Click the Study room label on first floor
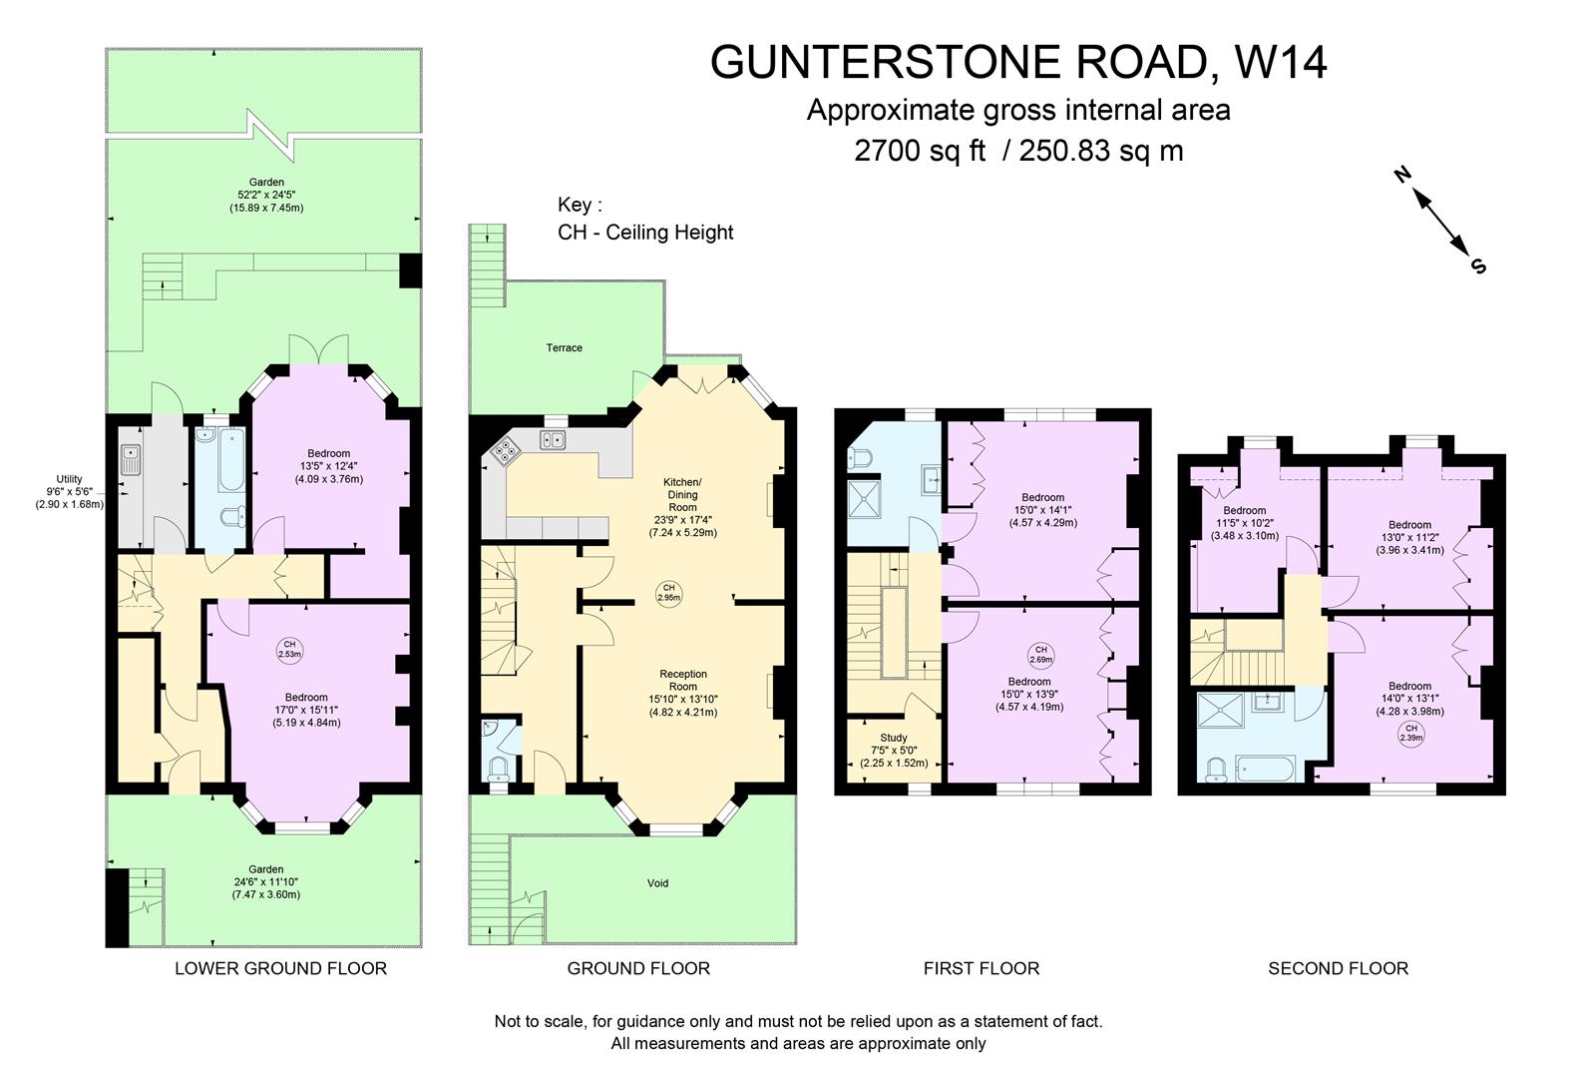click(894, 738)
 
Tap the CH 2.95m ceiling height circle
click(668, 592)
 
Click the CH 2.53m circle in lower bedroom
click(289, 649)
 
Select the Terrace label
click(564, 347)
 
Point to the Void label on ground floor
click(657, 882)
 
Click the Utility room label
click(69, 479)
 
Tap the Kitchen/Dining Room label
click(682, 495)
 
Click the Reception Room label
click(683, 680)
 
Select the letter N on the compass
click(1401, 177)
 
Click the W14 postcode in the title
click(1281, 62)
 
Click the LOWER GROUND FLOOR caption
click(280, 967)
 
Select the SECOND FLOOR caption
click(1338, 967)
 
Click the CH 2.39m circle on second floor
click(1410, 734)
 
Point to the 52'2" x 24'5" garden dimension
click(266, 195)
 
